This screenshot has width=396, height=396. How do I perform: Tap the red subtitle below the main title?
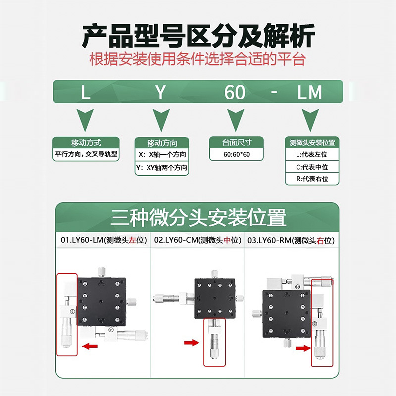(x=198, y=60)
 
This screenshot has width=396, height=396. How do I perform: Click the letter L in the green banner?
(x=86, y=93)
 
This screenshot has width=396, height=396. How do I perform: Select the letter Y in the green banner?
(x=160, y=93)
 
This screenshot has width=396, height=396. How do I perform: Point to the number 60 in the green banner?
(x=235, y=93)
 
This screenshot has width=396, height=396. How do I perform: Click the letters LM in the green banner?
(x=309, y=93)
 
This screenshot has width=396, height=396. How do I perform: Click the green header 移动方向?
(x=162, y=143)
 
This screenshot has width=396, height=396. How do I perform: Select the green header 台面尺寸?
(x=237, y=143)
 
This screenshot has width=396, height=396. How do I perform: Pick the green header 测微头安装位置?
(x=312, y=143)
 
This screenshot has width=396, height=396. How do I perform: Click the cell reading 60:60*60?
(x=237, y=154)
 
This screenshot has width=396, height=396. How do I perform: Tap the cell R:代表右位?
(x=312, y=179)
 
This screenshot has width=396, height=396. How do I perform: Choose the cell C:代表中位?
(x=312, y=167)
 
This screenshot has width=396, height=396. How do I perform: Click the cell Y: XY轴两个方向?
(x=162, y=168)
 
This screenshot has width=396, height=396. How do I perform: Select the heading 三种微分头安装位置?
(x=198, y=218)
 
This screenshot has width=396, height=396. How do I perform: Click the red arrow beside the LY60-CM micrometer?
(x=191, y=342)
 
